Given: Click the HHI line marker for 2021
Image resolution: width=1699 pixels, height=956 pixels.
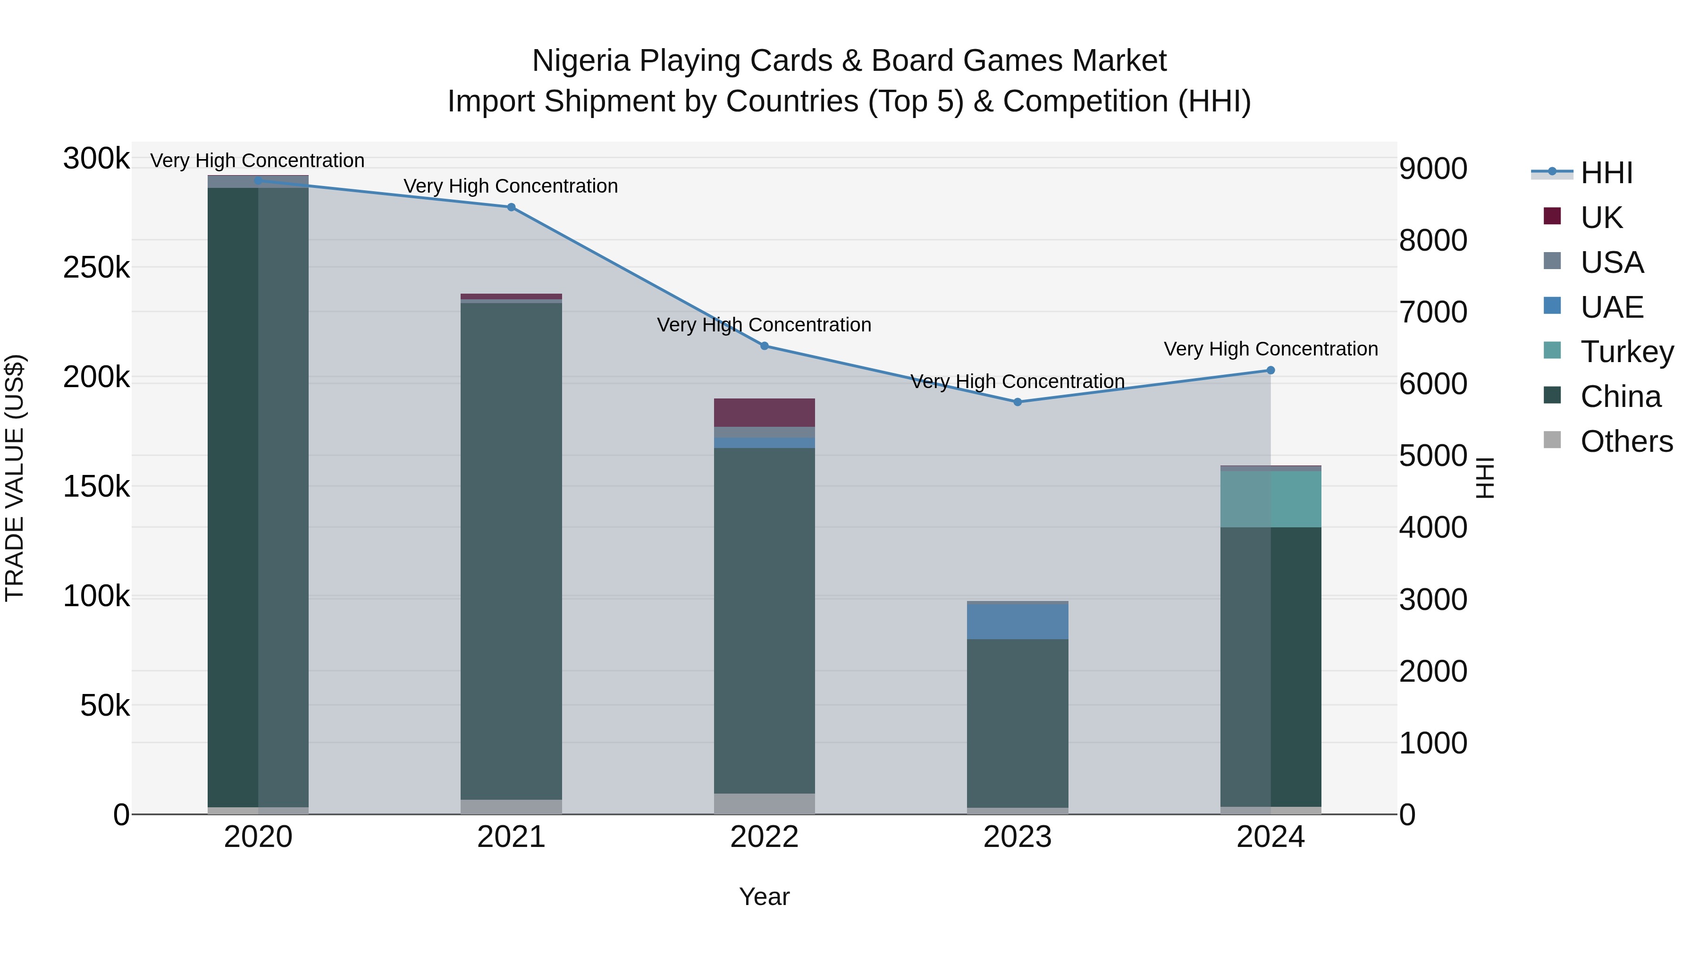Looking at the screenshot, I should pos(511,207).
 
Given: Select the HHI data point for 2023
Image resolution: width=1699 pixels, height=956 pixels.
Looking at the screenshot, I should pos(1017,402).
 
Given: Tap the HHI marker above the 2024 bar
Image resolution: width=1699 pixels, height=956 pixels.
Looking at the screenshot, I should pos(1270,370).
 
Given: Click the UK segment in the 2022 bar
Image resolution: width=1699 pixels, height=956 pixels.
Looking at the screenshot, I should pos(765,412).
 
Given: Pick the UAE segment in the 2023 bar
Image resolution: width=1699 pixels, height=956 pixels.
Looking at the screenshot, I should pos(1017,621).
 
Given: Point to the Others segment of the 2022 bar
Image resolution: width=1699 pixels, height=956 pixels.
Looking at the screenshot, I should pos(765,803).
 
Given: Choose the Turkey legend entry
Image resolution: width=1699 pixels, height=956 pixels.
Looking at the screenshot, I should pos(1626,352).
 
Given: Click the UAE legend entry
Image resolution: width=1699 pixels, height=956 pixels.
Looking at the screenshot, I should pos(1611,307).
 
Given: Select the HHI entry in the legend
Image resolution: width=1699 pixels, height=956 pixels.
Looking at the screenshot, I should pos(1606,173).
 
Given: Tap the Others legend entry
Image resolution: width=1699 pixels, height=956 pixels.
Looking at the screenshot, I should pos(1626,441).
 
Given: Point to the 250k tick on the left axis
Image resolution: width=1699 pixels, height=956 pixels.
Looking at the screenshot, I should pos(96,268).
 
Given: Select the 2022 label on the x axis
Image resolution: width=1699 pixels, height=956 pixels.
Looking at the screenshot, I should pos(765,837).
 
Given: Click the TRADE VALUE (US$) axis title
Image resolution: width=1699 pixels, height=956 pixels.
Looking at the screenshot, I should pos(15,478).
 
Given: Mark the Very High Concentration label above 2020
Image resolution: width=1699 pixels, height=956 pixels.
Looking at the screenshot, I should pos(257,161).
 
